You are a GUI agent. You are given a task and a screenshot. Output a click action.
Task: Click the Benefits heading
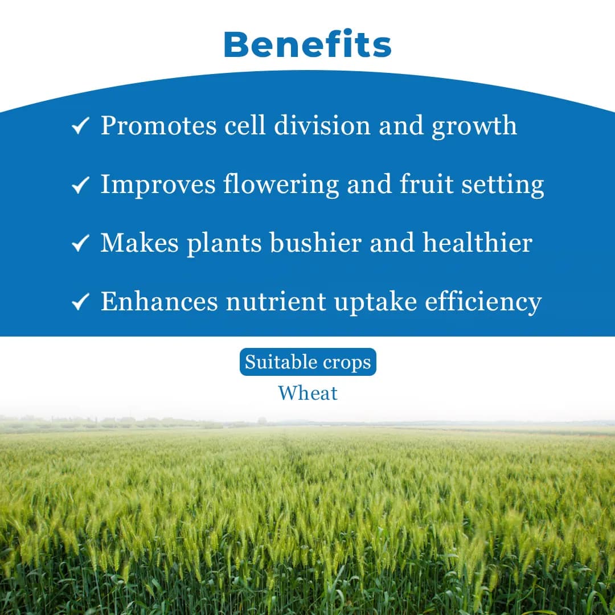tap(307, 44)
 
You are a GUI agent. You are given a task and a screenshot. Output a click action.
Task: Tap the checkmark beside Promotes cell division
tap(80, 126)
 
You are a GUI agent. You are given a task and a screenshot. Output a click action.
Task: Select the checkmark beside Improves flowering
tap(80, 184)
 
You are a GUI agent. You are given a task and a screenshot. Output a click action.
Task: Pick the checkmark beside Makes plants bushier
tap(80, 243)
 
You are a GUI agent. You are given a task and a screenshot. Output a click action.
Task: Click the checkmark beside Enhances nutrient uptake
tap(80, 302)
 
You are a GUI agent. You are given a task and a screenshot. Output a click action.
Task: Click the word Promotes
tap(158, 126)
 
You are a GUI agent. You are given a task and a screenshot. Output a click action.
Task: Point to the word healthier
tap(477, 243)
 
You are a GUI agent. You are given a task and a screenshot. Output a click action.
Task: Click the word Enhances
tap(159, 301)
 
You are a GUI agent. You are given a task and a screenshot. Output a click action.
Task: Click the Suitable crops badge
tap(307, 362)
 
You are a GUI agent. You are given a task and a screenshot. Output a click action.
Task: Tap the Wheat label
tap(307, 393)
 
